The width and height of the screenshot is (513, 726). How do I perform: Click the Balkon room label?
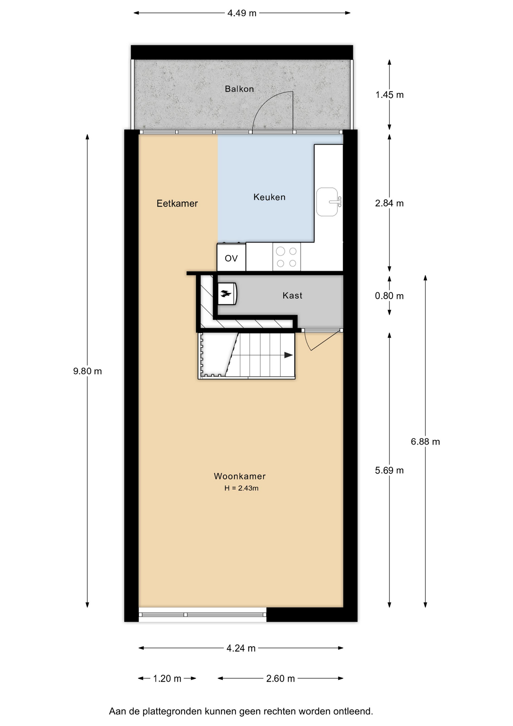[x=239, y=89]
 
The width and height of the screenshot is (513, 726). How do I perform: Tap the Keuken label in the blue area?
[x=269, y=197]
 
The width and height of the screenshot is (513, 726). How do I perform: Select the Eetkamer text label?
[x=177, y=203]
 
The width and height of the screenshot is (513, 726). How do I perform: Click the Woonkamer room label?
[x=240, y=476]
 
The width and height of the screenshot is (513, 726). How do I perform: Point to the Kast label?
[x=292, y=296]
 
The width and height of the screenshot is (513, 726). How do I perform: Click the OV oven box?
[x=231, y=258]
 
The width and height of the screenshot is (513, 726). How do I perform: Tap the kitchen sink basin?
[x=327, y=202]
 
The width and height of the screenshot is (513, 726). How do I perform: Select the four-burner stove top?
[x=287, y=257]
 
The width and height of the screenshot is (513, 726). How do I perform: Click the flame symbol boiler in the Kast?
[x=227, y=293]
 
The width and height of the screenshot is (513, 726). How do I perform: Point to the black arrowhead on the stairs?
[x=289, y=355]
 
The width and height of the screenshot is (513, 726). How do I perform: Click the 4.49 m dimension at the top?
[x=242, y=13]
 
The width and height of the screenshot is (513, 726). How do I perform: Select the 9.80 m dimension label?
[x=88, y=371]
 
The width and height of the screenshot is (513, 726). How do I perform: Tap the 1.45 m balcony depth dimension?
[x=389, y=95]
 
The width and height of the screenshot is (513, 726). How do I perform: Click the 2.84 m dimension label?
[x=389, y=203]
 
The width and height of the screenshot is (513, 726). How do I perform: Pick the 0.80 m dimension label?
[x=389, y=296]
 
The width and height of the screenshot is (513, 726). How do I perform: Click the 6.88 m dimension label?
[x=425, y=442]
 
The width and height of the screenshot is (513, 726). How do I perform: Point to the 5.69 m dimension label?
[x=389, y=470]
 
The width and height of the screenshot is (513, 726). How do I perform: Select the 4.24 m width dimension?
[x=241, y=648]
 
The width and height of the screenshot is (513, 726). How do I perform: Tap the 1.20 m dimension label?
[x=167, y=679]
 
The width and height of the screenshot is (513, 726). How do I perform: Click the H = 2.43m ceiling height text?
[x=241, y=488]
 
